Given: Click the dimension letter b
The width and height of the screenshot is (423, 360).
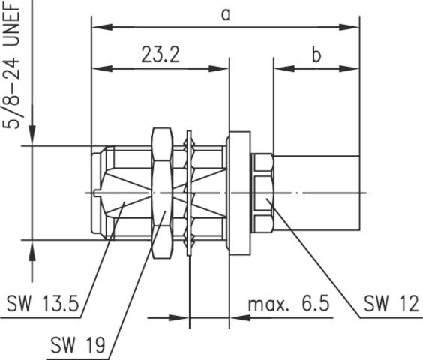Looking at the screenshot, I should pyautogui.click(x=316, y=55).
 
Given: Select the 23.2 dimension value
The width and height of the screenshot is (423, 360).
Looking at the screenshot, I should pyautogui.click(x=160, y=55).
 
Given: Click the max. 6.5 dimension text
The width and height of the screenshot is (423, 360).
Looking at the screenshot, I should pyautogui.click(x=288, y=304).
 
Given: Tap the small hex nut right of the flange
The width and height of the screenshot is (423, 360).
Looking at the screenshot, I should pyautogui.click(x=262, y=193).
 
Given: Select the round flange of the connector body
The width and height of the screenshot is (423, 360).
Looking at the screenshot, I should pyautogui.click(x=238, y=193).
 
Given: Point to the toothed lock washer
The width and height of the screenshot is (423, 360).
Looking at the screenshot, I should pyautogui.click(x=189, y=193).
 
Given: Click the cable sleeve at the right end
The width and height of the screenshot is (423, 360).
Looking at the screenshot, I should pyautogui.click(x=318, y=193).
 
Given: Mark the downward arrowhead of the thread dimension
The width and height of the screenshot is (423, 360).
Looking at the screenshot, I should pyautogui.click(x=31, y=139).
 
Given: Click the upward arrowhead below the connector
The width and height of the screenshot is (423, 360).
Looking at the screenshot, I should pyautogui.click(x=31, y=247).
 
